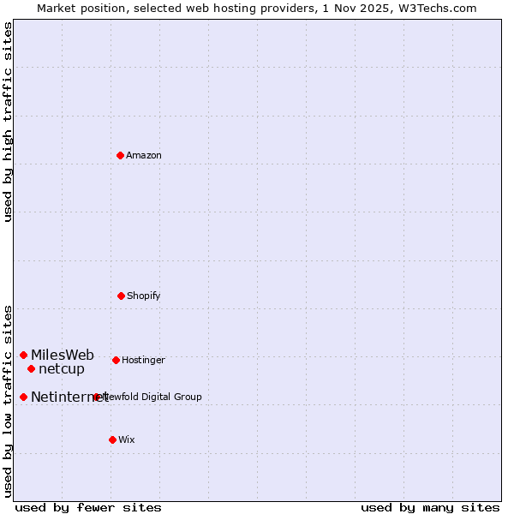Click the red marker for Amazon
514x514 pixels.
[120, 155]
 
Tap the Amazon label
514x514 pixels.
[144, 156]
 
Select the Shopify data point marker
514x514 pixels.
[121, 296]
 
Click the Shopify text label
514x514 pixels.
[144, 296]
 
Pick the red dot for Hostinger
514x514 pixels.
[116, 360]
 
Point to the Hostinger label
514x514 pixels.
[143, 361]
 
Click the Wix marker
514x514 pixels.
[112, 439]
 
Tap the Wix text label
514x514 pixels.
[127, 440]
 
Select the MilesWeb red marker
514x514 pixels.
[23, 355]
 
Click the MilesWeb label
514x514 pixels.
[63, 356]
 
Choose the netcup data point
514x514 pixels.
[31, 368]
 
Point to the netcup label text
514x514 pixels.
[62, 369]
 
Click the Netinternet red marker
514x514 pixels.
[23, 397]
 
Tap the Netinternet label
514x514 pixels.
[69, 397]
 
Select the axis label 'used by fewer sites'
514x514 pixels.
[88, 507]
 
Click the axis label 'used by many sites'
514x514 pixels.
[430, 507]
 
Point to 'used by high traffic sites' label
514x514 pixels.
[8, 122]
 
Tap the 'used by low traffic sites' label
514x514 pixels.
[8, 400]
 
